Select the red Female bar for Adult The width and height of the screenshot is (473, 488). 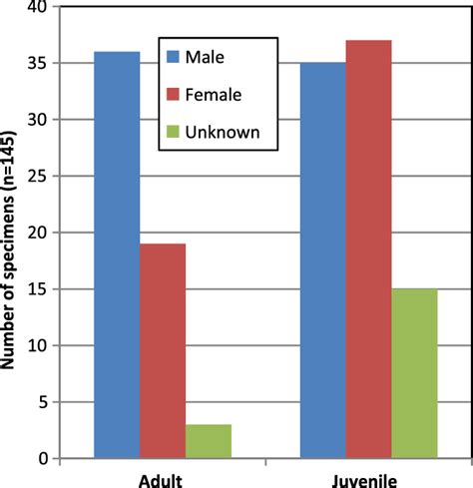[163, 350]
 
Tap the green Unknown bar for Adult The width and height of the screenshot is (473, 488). [208, 441]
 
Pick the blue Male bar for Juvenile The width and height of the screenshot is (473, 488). [322, 260]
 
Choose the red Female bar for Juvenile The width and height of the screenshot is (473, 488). [368, 249]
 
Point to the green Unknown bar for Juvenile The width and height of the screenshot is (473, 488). [414, 373]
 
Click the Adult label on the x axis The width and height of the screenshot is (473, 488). [163, 477]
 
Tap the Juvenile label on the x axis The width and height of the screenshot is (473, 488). [368, 477]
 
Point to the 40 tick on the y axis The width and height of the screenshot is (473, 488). [40, 8]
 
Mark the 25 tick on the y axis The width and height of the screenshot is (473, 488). [40, 177]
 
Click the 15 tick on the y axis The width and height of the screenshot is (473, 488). [40, 289]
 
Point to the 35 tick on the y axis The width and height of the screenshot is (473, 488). [40, 64]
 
